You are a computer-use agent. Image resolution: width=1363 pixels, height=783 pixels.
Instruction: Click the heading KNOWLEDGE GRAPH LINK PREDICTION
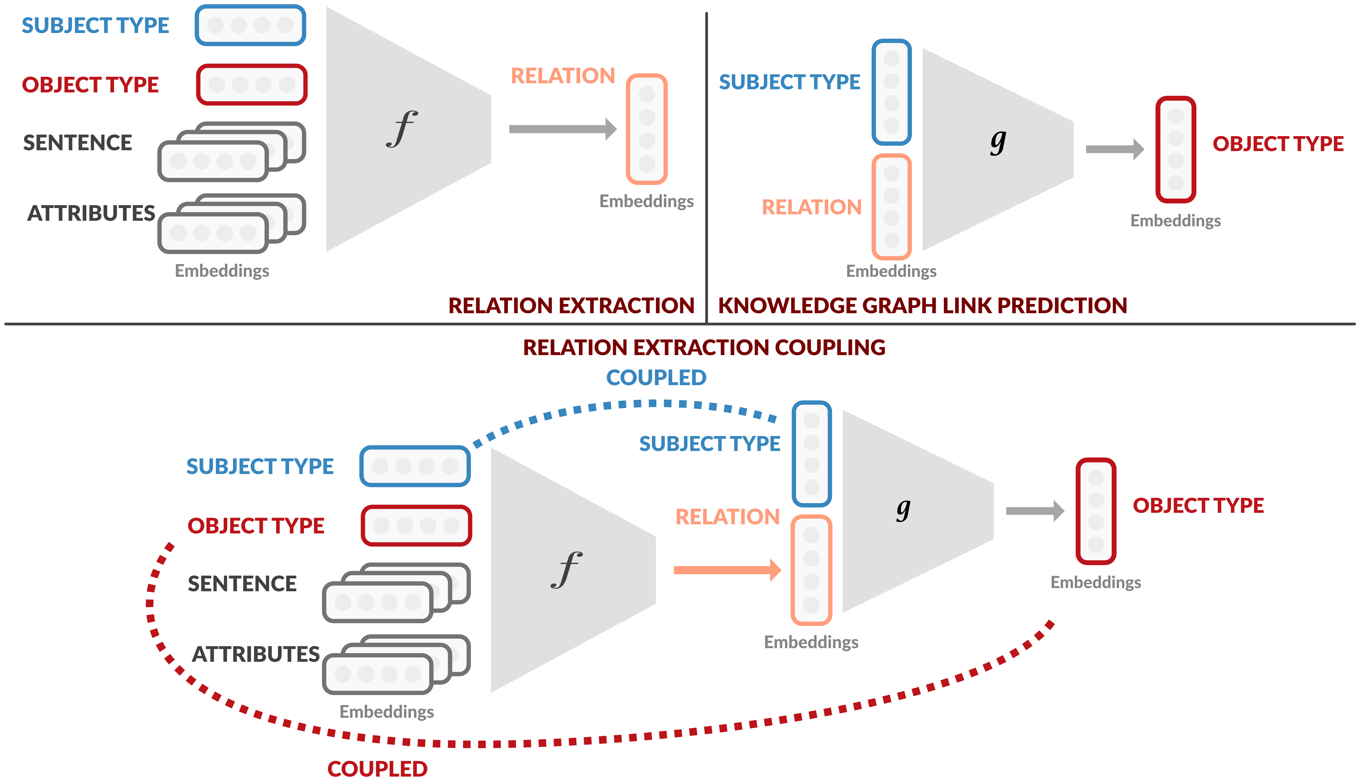click(922, 306)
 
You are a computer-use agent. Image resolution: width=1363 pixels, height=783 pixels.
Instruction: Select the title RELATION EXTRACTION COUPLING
click(704, 347)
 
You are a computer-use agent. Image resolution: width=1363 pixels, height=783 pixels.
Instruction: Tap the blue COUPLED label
click(656, 378)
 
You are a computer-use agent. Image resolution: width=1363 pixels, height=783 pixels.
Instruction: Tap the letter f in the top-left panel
click(402, 129)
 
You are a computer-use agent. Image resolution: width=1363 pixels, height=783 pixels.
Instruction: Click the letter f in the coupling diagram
click(566, 570)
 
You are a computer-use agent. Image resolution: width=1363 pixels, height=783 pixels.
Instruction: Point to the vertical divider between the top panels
click(706, 161)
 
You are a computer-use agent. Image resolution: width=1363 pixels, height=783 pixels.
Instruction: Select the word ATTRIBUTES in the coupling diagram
click(256, 654)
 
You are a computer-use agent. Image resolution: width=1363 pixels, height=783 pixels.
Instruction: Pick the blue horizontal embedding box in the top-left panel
click(250, 25)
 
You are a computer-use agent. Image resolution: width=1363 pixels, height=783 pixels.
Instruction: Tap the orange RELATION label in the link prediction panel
click(812, 207)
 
